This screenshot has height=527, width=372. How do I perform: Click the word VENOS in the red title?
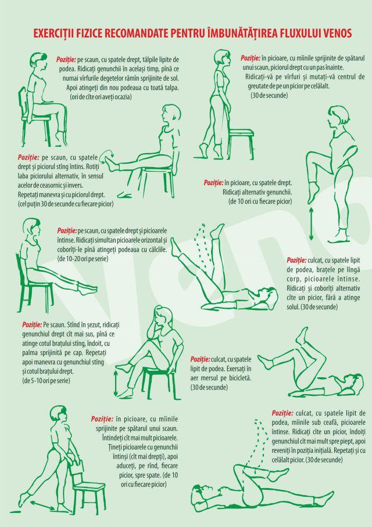pyautogui.click(x=338, y=33)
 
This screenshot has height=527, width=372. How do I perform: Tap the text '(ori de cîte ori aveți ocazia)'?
pyautogui.click(x=101, y=97)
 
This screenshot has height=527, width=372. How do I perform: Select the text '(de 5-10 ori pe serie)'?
pyautogui.click(x=46, y=381)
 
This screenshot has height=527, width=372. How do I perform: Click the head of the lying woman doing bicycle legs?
pyautogui.click(x=355, y=384)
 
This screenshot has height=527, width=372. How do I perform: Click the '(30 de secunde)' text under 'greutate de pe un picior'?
pyautogui.click(x=269, y=95)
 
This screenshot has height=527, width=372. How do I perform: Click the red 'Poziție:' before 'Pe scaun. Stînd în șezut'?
pyautogui.click(x=32, y=325)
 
